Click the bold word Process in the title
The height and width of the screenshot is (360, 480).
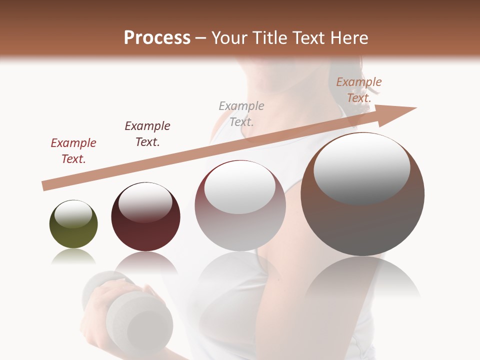tap(157, 38)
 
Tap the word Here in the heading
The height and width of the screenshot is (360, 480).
tap(349, 38)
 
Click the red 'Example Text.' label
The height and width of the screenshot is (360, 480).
tap(73, 151)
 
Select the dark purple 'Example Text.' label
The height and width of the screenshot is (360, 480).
tap(147, 134)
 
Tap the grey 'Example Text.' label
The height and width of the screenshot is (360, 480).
tap(241, 113)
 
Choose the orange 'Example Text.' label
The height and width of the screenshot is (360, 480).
tap(359, 90)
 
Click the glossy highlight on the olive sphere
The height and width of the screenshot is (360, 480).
tap(73, 214)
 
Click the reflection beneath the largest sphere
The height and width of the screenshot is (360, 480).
tap(362, 280)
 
